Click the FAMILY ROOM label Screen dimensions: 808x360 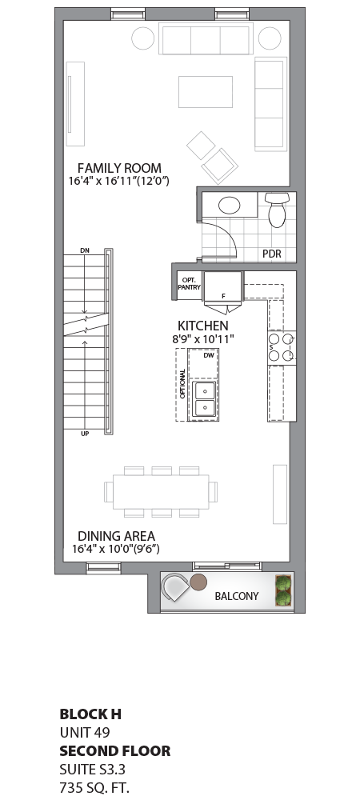119,168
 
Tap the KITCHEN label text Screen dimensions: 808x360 203,326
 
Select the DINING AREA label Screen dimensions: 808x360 116,536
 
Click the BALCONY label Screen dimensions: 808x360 236,596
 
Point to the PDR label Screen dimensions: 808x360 272,254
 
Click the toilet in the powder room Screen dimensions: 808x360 277,210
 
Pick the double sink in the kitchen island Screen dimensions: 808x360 205,399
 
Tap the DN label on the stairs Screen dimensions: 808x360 85,252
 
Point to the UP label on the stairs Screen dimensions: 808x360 85,434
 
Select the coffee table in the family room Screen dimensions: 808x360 204,91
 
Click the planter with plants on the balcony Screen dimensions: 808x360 282,591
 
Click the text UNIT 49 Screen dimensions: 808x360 85,732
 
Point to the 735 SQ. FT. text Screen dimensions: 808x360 94,787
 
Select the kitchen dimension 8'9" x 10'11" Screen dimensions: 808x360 203,339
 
